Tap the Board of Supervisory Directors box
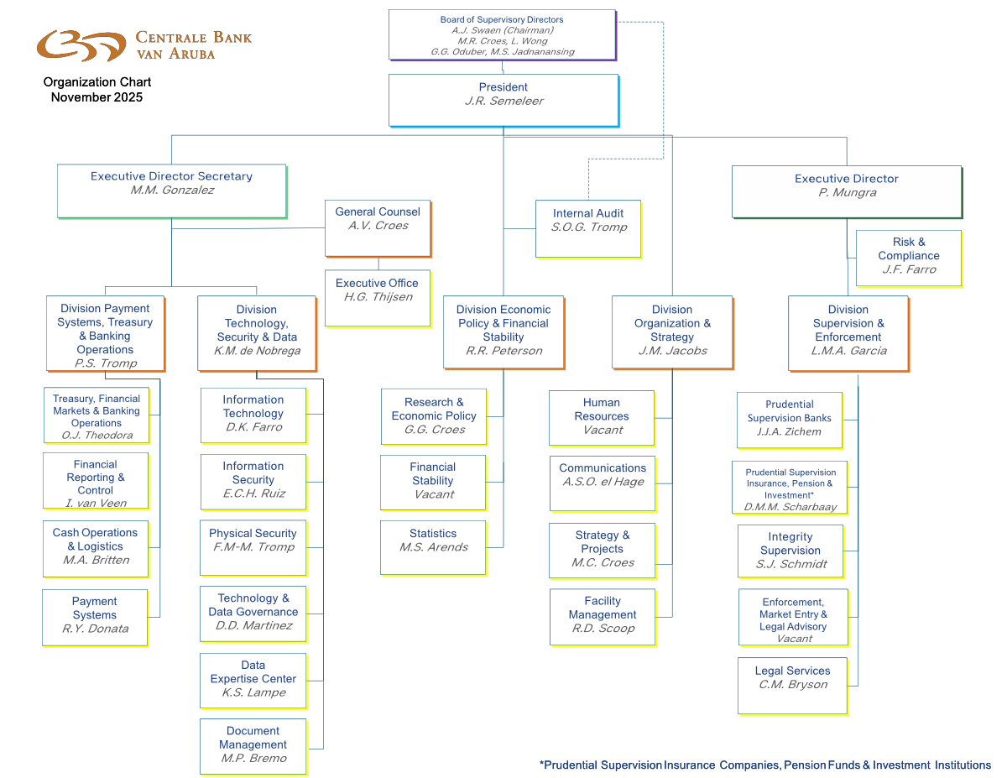[x=502, y=35]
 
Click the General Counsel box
[x=378, y=227]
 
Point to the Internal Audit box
[x=587, y=228]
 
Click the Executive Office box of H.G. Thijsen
[x=377, y=297]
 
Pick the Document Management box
[x=253, y=745]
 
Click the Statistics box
[x=433, y=547]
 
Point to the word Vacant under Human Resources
[x=603, y=430]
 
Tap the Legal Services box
[x=792, y=685]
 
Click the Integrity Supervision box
[x=790, y=551]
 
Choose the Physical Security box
[x=253, y=547]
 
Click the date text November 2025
[x=97, y=97]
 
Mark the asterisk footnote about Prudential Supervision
[x=764, y=765]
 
